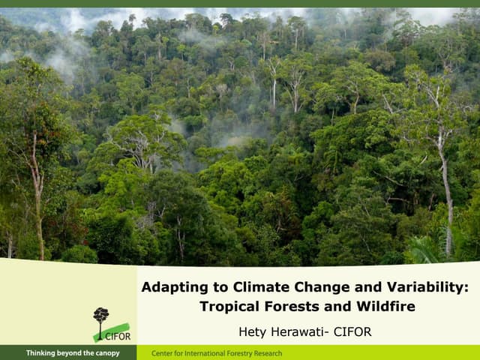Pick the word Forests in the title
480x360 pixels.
(x=294, y=307)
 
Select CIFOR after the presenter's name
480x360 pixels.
(x=352, y=331)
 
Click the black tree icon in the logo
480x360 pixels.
(x=100, y=319)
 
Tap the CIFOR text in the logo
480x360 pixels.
(x=118, y=337)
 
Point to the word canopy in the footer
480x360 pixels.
(x=106, y=353)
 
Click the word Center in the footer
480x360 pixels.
(x=163, y=353)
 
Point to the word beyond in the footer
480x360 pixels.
(x=70, y=353)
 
